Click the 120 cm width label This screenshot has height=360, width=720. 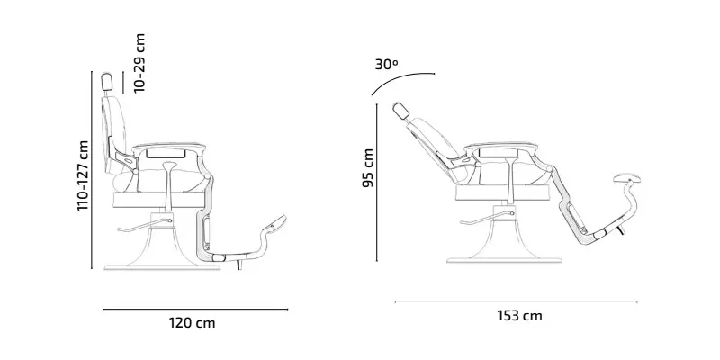(x=192, y=323)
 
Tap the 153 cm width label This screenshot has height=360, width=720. (x=519, y=316)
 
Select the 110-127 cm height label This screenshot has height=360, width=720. (x=83, y=175)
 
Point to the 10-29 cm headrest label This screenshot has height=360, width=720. (x=139, y=63)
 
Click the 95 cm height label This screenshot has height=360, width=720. (x=368, y=167)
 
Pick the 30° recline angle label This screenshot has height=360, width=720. (x=387, y=64)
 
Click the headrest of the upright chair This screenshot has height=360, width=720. (x=107, y=82)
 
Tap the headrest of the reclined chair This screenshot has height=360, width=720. (x=400, y=111)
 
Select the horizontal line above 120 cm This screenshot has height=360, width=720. (x=195, y=309)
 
